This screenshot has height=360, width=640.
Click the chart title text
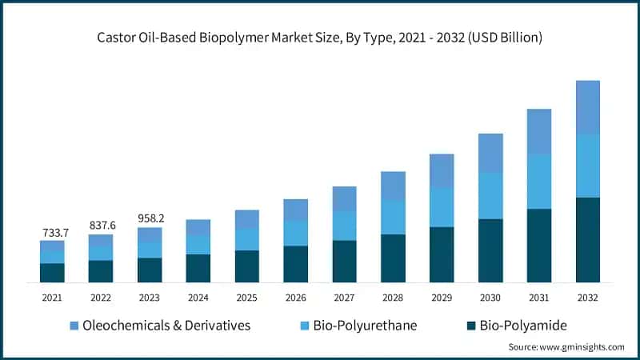tap(320, 37)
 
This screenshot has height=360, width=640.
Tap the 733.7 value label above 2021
tap(54, 232)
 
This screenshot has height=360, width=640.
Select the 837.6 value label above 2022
tap(102, 226)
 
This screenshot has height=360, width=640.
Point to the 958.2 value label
tap(150, 218)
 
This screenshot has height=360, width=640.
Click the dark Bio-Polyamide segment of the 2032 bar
tap(588, 239)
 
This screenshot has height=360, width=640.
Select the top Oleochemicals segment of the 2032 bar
tap(588, 107)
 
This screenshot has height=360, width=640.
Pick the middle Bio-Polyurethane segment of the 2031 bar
tap(539, 182)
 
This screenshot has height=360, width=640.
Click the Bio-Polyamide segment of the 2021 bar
tap(52, 273)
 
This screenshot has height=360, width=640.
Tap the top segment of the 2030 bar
tap(490, 153)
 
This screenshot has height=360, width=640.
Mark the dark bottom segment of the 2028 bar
tap(393, 258)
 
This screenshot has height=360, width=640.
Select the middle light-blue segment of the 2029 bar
tap(442, 207)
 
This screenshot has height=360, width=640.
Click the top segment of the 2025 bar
tap(246, 219)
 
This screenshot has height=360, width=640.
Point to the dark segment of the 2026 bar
tap(295, 263)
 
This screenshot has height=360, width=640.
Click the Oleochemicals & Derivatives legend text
tap(166, 326)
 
